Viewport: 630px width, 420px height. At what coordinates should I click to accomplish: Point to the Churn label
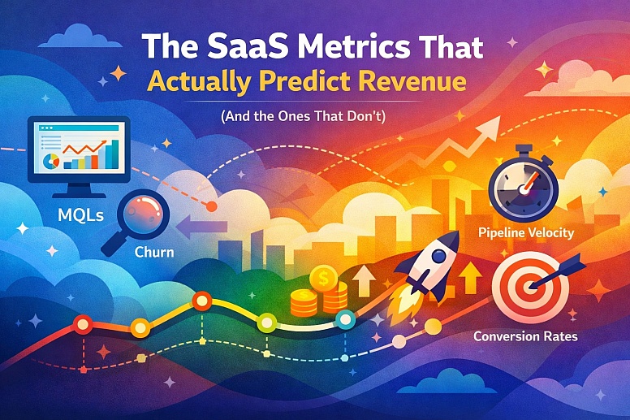coord(153,252)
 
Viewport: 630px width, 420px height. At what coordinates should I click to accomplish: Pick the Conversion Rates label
coord(526,336)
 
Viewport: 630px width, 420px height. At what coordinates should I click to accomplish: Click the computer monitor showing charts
coord(78,150)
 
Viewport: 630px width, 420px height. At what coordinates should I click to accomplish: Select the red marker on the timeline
coord(81,326)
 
